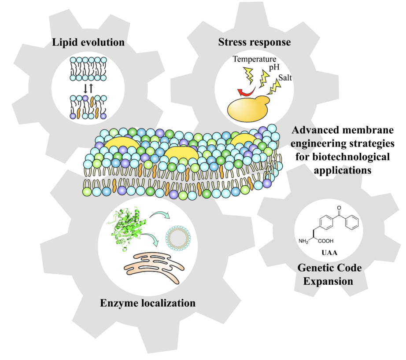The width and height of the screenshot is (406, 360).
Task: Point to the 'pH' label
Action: pos(273,69)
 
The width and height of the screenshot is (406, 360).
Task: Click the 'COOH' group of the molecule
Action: pos(332,241)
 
